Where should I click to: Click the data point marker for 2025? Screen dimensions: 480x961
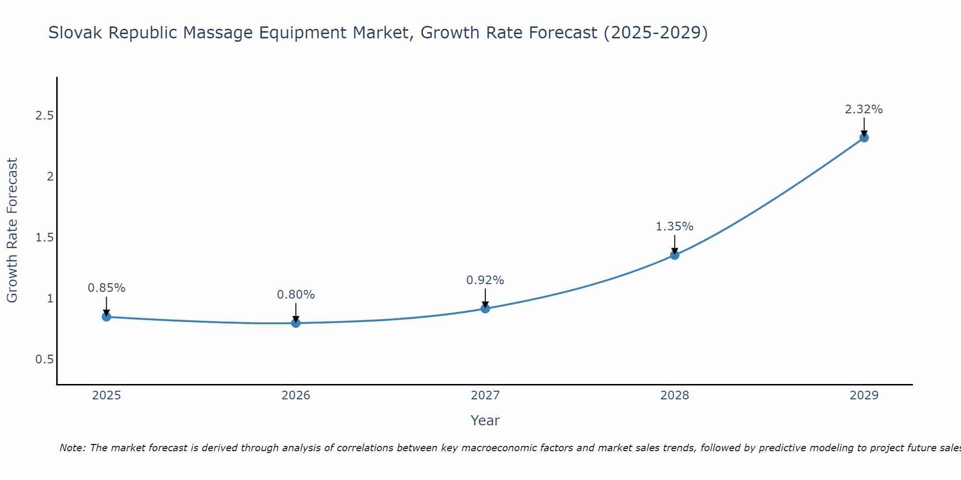[x=107, y=317]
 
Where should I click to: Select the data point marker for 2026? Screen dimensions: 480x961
[x=296, y=323]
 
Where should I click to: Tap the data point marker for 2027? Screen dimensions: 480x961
[x=485, y=308]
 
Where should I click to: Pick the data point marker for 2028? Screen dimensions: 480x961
[x=675, y=255]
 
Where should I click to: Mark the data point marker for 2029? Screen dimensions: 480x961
[x=864, y=138]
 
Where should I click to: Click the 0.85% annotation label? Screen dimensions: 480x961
[x=107, y=288]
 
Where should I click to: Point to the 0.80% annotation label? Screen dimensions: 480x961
[x=296, y=295]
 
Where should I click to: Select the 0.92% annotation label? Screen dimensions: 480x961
[x=485, y=280]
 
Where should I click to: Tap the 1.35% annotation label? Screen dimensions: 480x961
[x=675, y=227]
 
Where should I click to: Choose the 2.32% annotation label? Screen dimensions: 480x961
[x=864, y=109]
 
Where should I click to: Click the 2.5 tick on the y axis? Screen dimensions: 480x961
[x=44, y=116]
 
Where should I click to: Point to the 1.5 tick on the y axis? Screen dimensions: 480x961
[x=44, y=238]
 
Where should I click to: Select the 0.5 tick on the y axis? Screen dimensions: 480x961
[x=44, y=360]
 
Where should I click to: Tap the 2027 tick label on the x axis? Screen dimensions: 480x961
[x=485, y=396]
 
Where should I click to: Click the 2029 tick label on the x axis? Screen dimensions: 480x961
[x=864, y=396]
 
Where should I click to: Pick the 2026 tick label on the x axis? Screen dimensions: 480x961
[x=296, y=396]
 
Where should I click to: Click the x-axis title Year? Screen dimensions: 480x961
[x=485, y=420]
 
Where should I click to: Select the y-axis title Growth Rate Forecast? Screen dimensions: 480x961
[x=12, y=230]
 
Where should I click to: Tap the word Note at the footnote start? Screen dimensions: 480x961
[x=72, y=448]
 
